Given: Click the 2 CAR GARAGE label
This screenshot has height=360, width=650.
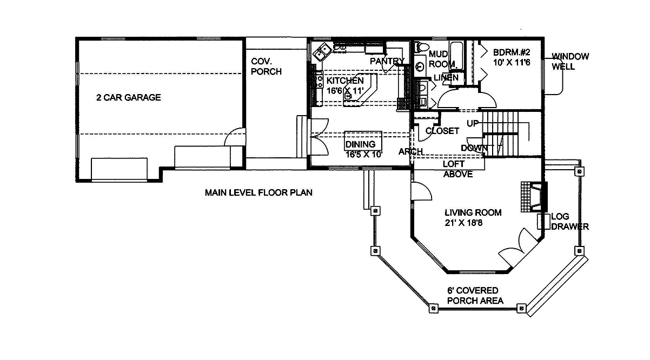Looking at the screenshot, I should coord(128,98).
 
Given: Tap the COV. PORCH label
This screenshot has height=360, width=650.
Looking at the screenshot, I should coord(266,66).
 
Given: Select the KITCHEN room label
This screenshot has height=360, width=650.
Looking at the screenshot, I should coord(345,81).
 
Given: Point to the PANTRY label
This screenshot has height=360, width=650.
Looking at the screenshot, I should coord(387,61).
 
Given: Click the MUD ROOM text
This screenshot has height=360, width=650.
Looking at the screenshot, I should coord(442,59).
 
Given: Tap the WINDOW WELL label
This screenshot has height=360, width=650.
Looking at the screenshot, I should coord(570,61).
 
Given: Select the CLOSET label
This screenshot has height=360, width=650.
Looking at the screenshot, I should coord(442,131).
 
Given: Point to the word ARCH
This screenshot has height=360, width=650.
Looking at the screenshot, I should coord(410,151).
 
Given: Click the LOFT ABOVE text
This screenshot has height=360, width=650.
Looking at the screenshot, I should coord(457,169).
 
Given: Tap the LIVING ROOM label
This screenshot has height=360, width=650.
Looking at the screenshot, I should coord(473,212).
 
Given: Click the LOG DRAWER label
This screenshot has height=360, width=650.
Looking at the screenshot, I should coord(569,222).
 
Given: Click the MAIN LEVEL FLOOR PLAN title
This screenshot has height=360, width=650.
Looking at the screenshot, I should coord(258,192).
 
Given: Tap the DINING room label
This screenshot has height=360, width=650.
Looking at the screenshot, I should coord(360,144).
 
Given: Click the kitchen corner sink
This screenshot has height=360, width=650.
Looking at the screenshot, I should coord(324,50).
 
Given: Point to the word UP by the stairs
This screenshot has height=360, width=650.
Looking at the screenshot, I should coord(473,124).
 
